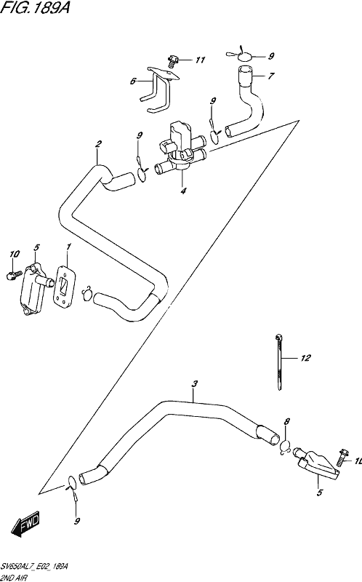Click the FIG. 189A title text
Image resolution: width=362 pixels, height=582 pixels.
tap(35, 7)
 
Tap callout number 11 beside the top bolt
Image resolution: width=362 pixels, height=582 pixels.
tap(201, 60)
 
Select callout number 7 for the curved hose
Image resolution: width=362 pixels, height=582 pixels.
tap(271, 76)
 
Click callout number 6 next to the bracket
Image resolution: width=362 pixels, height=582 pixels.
tap(133, 81)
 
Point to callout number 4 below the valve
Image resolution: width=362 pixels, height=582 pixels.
tap(183, 191)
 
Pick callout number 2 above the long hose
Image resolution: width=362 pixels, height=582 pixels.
tap(98, 144)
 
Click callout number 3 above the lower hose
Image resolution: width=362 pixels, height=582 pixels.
tap(195, 384)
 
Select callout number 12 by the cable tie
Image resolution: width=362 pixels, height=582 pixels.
tap(305, 358)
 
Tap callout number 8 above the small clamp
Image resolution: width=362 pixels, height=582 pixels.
tap(286, 421)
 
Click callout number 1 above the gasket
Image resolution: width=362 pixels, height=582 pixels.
tap(68, 247)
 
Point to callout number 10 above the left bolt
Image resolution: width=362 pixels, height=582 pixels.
tap(15, 254)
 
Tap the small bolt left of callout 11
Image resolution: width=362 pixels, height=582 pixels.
tap(173, 61)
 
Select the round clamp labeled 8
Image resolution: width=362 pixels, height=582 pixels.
tap(285, 446)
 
